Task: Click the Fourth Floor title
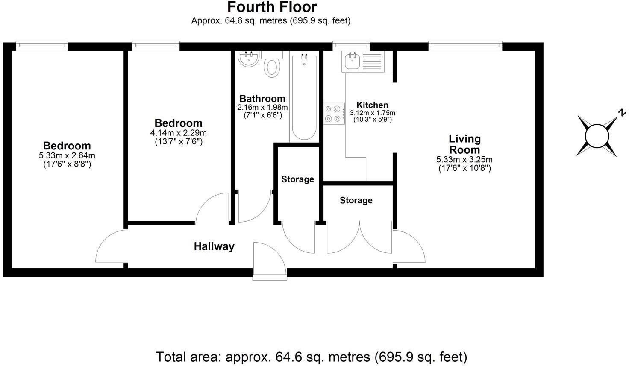(272, 7)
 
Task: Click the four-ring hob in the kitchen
(334, 114)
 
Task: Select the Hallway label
(214, 246)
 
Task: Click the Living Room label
(464, 144)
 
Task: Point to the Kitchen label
(372, 105)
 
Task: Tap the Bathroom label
(262, 99)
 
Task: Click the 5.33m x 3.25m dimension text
(464, 160)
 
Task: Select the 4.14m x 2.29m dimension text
(178, 133)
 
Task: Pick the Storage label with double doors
(356, 200)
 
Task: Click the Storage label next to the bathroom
(297, 179)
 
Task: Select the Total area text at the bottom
(312, 357)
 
